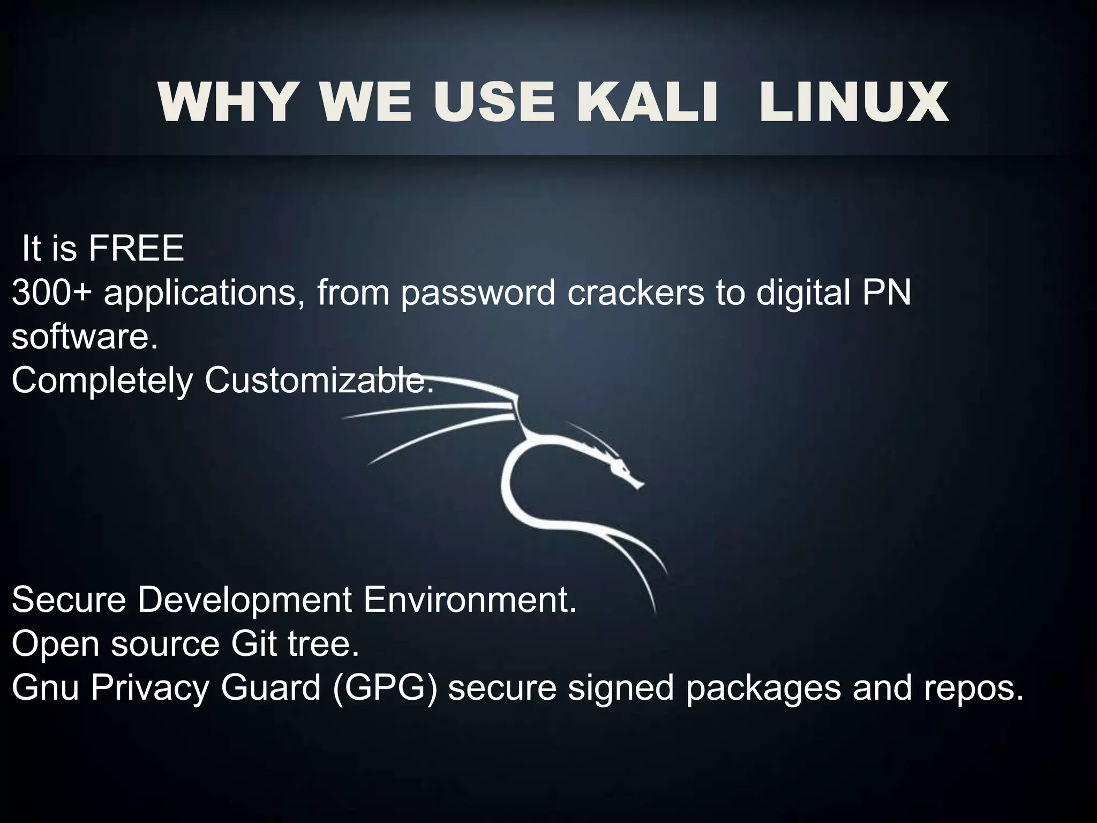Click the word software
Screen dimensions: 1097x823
click(x=85, y=338)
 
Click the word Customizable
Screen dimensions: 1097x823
click(x=319, y=380)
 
